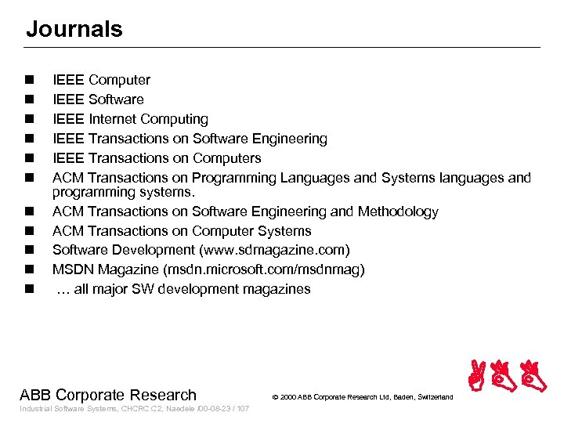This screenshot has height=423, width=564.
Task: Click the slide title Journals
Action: point(74,30)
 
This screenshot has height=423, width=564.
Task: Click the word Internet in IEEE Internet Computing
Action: point(117,119)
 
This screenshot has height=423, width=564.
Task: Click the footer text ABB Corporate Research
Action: point(108,395)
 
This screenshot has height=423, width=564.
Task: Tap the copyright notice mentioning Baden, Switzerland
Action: point(363,397)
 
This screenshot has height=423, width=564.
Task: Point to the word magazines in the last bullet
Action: point(280,289)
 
